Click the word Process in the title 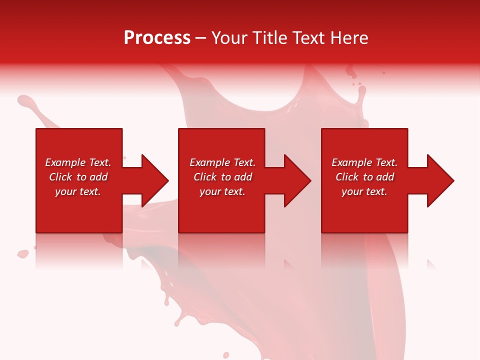[x=157, y=38]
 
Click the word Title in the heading [x=270, y=38]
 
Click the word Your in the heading [x=230, y=38]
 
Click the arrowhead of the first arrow [x=155, y=180]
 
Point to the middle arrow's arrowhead [x=297, y=180]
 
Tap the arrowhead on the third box [x=440, y=180]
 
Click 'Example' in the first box [x=65, y=162]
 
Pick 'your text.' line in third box [x=364, y=191]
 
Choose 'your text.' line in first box [x=78, y=191]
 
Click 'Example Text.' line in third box [x=364, y=162]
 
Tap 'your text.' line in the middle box [x=222, y=191]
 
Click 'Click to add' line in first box [x=78, y=177]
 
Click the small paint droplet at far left [x=22, y=254]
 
